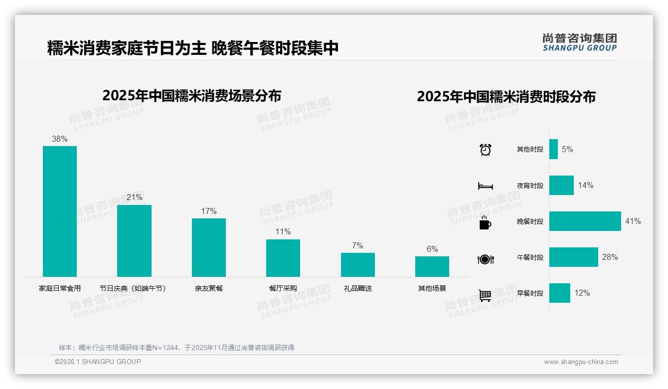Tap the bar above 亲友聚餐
point(209,247)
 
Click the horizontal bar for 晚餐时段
point(585,221)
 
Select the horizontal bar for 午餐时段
point(573,257)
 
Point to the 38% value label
point(60,139)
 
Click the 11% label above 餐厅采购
point(283,232)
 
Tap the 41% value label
point(633,221)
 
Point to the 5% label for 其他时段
point(567,149)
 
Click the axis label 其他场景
point(432,288)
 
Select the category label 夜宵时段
point(530,186)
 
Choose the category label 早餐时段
point(530,293)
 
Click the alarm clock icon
point(485,150)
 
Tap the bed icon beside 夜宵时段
point(485,186)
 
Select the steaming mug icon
point(485,222)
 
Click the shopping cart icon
point(485,295)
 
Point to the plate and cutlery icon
point(485,259)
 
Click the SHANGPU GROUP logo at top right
point(579,42)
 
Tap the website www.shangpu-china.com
point(581,362)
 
